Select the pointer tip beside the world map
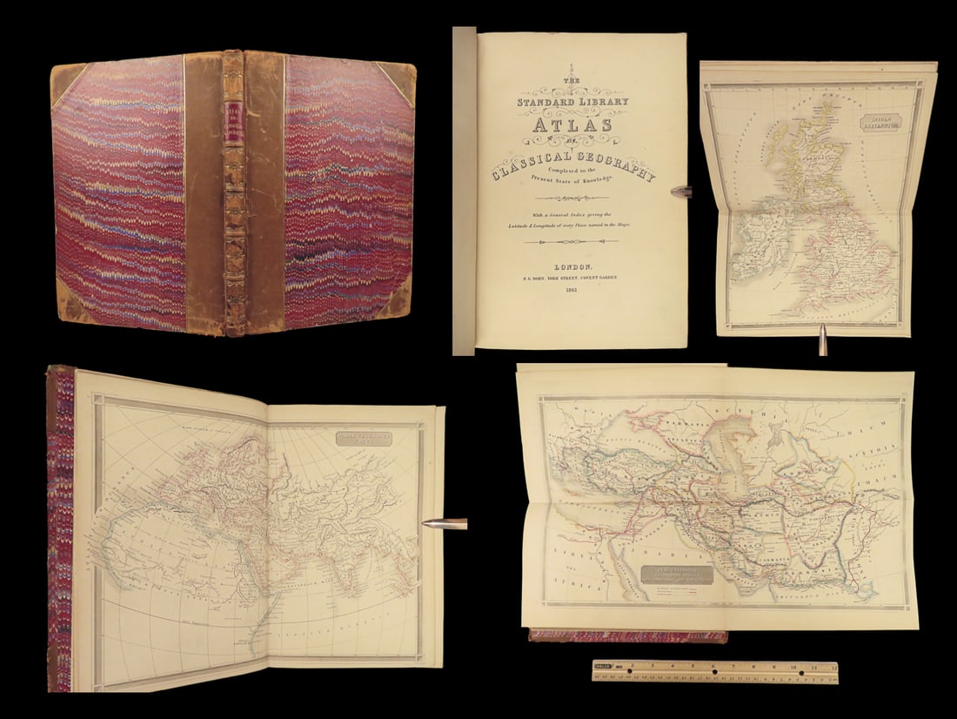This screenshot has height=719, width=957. pos(428,524)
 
